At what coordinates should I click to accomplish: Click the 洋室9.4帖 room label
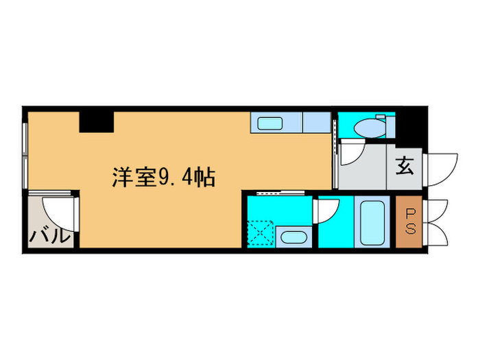click(164, 178)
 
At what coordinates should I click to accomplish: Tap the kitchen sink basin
click(272, 124)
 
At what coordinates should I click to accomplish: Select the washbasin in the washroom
click(293, 238)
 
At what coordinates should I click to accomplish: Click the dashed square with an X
click(261, 232)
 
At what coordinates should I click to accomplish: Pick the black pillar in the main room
click(96, 121)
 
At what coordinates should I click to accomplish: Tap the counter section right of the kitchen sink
click(315, 123)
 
